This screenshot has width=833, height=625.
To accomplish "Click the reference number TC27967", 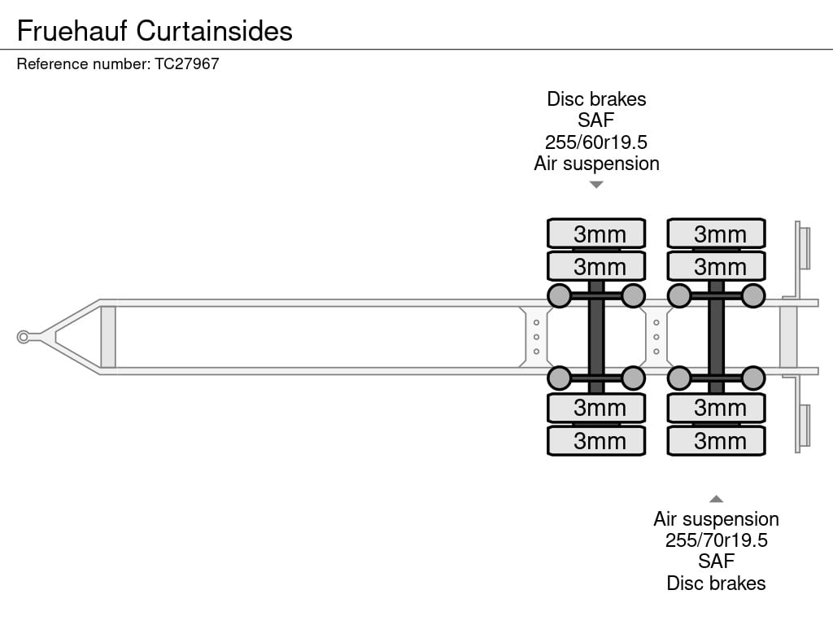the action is coord(186,63).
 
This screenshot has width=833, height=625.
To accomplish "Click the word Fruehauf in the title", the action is coord(72,31).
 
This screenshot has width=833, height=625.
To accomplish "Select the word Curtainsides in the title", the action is coord(214,31).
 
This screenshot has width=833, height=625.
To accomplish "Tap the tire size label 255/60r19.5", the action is coord(596,142).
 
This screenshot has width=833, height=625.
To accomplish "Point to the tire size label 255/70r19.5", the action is coord(716,540).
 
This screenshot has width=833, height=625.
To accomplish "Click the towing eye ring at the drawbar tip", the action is coord(23,337).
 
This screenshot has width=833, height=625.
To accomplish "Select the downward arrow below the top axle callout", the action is coord(596,185).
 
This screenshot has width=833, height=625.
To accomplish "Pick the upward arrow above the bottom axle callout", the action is coord(716,499).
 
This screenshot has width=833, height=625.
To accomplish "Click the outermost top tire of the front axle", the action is coord(596,234).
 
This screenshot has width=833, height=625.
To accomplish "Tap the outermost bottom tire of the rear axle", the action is coord(716,440).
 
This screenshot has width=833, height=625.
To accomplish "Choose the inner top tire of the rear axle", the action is coord(716,266).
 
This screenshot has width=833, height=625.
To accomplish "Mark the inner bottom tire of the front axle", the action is coord(596,408).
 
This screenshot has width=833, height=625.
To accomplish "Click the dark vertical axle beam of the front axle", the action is coord(596,337).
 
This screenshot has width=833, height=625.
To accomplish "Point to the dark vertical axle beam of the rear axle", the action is coord(716,337).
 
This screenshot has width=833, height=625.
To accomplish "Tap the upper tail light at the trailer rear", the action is coord(805,248).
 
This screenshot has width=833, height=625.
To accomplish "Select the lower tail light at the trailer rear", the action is coord(805,426).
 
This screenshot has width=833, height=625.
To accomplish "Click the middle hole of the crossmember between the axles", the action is coord(656,337).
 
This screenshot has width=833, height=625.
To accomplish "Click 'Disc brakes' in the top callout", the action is coord(596,99).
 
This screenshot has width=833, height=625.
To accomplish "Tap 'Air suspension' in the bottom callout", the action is coord(716,519).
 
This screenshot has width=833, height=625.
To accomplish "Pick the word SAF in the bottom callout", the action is coord(716,562).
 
